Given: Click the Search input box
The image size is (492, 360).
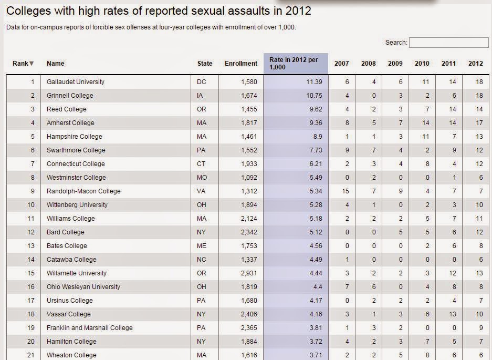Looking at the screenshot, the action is (x=449, y=43).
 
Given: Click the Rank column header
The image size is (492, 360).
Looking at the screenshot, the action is (x=23, y=64).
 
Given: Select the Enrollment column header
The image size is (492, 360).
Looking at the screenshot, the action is (x=241, y=64).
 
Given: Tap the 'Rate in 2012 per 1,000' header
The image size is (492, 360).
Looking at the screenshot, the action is (x=294, y=64).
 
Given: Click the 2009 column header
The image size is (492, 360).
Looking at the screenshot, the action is (x=395, y=64).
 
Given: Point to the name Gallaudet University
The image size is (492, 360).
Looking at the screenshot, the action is (x=75, y=82).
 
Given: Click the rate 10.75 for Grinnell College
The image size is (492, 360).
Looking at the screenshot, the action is (x=314, y=96).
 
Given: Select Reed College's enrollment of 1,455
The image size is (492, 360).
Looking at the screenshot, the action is (x=249, y=109).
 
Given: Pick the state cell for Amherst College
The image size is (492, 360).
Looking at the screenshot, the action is (x=202, y=123).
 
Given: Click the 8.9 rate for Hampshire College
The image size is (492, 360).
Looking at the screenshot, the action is (x=317, y=137).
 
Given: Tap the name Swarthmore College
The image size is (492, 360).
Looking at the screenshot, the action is (x=76, y=150).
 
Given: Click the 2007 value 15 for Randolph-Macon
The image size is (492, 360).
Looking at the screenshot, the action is (x=345, y=191).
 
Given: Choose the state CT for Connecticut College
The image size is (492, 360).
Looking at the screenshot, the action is (x=201, y=164).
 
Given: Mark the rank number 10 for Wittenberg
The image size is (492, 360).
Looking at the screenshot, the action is (x=31, y=205).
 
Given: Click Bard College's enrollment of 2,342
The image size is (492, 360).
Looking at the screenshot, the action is (x=249, y=232).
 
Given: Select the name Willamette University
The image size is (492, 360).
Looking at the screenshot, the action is (x=77, y=273).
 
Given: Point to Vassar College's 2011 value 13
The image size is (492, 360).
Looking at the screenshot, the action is (x=452, y=314).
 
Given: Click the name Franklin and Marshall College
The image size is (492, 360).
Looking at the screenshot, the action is (x=89, y=328).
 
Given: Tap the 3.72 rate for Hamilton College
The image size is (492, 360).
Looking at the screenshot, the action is (x=316, y=342).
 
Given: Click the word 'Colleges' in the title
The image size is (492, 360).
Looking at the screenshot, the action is (x=28, y=12).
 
